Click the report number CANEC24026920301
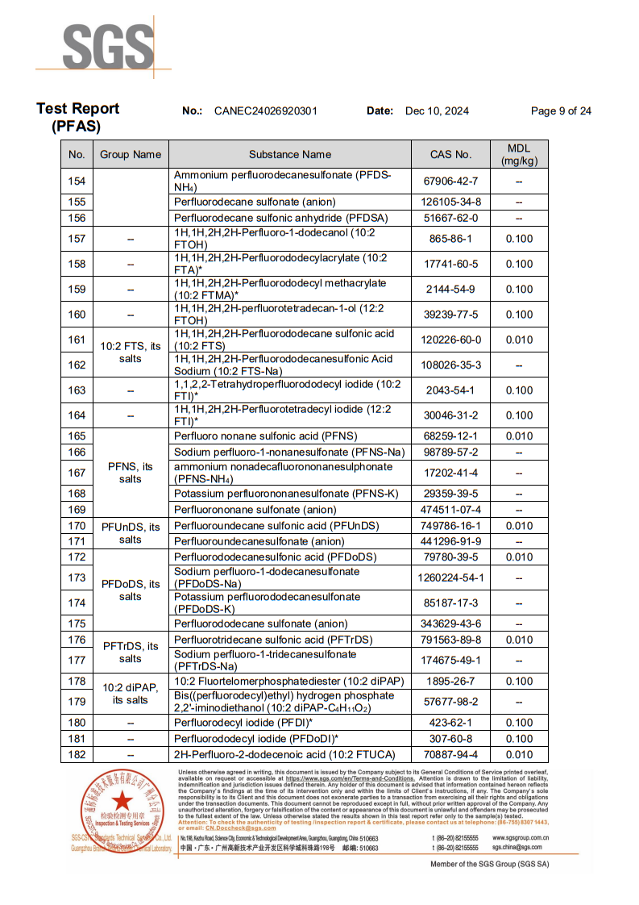(265, 111)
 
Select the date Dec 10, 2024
(437, 111)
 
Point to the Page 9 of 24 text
(561, 111)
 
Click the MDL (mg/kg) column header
(519, 154)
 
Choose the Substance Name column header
(289, 154)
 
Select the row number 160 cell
(77, 315)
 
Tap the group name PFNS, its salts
(130, 473)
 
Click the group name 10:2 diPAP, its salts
(130, 694)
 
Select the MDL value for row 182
(519, 755)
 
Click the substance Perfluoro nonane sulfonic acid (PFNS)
(265, 436)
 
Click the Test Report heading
(77, 109)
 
